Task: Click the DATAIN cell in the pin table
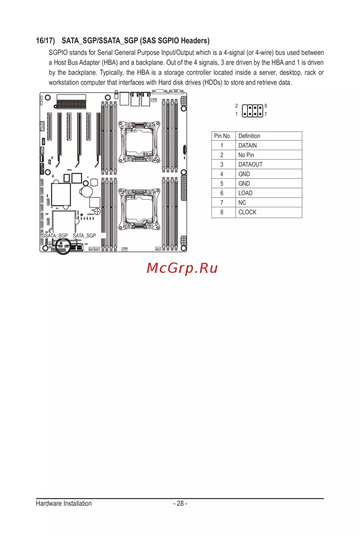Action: [247, 145]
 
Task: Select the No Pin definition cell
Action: [246, 155]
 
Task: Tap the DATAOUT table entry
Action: [250, 165]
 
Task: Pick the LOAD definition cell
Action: [245, 193]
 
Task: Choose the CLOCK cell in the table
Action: [247, 212]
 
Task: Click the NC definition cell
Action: [242, 203]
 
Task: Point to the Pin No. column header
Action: [222, 136]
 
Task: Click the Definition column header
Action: [249, 136]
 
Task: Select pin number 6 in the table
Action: [222, 193]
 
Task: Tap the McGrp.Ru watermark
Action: [182, 268]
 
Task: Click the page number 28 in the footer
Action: [180, 503]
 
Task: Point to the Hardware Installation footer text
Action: [64, 503]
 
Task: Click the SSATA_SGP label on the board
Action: [55, 235]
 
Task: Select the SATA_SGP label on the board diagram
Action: [84, 235]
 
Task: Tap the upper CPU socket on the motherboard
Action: [139, 142]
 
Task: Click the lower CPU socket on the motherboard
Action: [139, 210]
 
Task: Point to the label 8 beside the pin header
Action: [266, 106]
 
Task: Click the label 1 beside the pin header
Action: [237, 114]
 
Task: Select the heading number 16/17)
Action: [45, 41]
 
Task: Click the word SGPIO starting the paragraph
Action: [58, 53]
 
